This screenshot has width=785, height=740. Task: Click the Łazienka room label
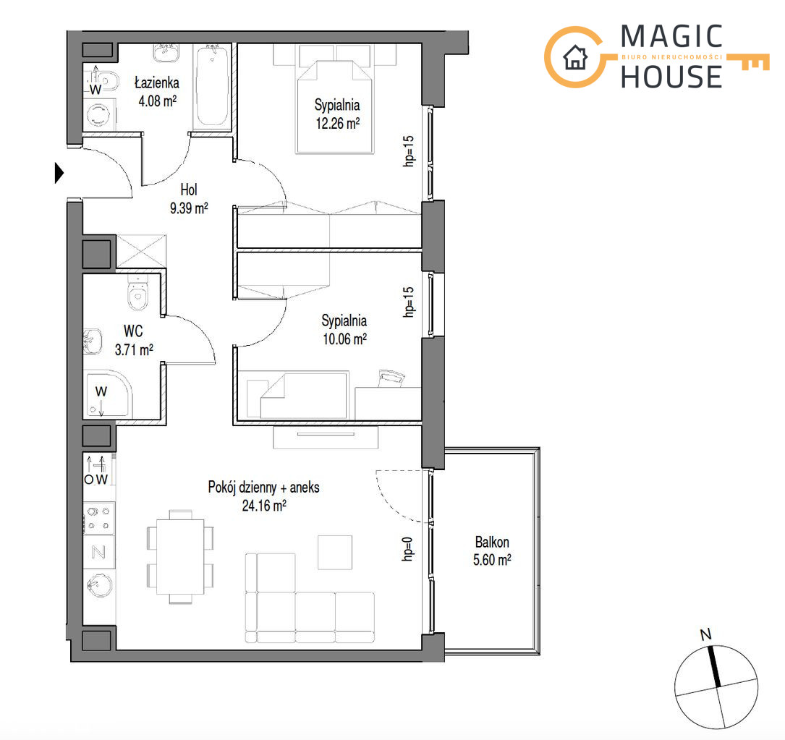(x=157, y=82)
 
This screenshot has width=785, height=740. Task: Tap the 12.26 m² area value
(x=337, y=123)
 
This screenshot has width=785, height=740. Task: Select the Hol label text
(x=189, y=190)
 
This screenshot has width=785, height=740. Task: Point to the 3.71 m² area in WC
(x=134, y=349)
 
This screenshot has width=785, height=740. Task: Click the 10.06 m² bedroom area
(x=344, y=339)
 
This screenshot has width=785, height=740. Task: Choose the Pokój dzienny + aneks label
(x=264, y=487)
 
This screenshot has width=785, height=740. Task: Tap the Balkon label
(x=492, y=542)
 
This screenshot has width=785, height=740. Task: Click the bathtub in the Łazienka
(x=212, y=85)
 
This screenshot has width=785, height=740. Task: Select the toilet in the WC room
(x=137, y=292)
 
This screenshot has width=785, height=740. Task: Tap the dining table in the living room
(x=180, y=556)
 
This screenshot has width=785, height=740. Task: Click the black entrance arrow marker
(x=59, y=173)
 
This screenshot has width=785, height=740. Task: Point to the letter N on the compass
(x=705, y=635)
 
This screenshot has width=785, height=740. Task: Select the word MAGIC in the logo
(x=672, y=37)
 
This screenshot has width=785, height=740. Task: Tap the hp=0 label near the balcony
(x=408, y=549)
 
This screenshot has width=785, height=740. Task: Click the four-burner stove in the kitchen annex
(x=98, y=518)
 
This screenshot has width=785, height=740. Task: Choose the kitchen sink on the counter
(x=99, y=584)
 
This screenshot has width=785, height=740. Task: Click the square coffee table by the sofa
(x=335, y=552)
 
